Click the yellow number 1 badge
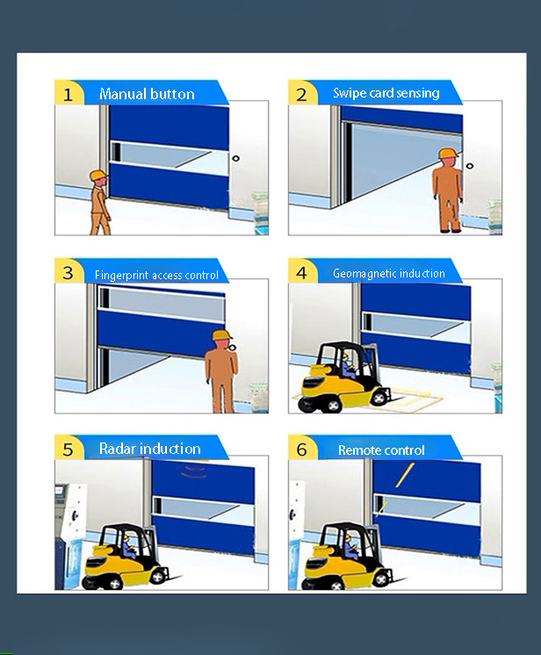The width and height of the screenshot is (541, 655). [69, 93]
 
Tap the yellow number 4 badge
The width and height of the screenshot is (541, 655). [301, 271]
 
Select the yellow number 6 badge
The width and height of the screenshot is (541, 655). [301, 448]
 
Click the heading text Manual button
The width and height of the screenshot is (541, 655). [147, 94]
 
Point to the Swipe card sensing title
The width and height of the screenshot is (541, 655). [386, 93]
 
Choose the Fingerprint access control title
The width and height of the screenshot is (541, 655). [156, 275]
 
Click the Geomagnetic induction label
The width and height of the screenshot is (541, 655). [389, 273]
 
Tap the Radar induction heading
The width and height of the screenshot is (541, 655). [150, 448]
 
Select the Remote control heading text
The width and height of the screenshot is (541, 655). [381, 450]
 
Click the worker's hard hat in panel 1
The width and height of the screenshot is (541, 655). [98, 175]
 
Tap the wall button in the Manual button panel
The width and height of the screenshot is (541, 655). [236, 158]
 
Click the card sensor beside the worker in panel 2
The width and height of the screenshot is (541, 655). [470, 166]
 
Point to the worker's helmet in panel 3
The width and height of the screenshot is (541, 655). [221, 335]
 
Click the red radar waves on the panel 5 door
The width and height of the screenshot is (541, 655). [193, 471]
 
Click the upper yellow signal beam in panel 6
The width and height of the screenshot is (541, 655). [404, 474]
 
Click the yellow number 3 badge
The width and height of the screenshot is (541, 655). [69, 271]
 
